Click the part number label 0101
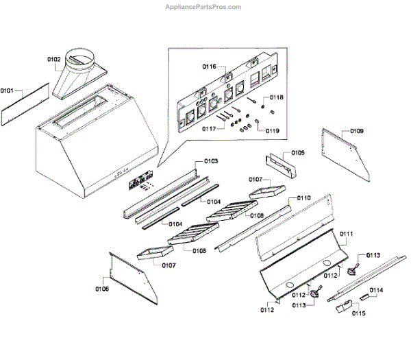(x=8, y=91)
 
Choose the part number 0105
(x=298, y=153)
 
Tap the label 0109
(x=357, y=130)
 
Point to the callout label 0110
(x=303, y=197)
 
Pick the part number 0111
(x=347, y=234)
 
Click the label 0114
(x=376, y=290)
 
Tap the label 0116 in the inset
(x=209, y=67)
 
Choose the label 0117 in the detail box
(x=209, y=128)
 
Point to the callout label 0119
(x=273, y=130)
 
